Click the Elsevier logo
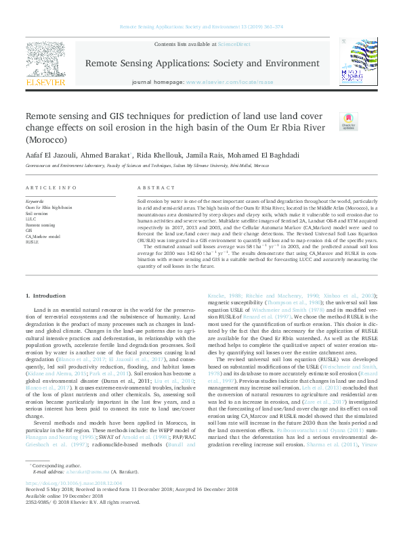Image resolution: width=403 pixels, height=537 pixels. coord(45,65)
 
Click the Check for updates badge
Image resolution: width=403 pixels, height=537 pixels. coord(348,122)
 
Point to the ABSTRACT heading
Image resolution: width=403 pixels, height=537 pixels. coord(152,187)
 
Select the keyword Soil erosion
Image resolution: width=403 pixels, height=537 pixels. coord(35,213)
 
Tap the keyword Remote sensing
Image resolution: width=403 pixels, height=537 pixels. coord(40,225)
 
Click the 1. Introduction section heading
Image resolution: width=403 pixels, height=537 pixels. coord(45,296)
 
